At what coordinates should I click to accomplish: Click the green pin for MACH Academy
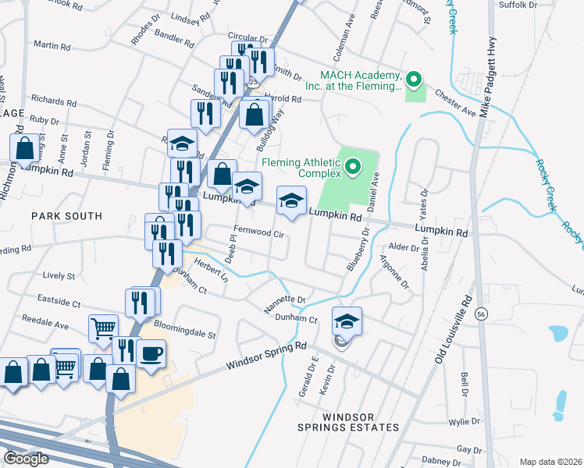(x=415, y=80)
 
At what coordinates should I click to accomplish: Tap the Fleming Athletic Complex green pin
(x=352, y=167)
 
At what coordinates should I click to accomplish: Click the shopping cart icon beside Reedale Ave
(x=103, y=328)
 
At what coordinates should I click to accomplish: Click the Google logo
(x=26, y=458)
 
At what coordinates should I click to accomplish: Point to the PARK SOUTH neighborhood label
(x=66, y=215)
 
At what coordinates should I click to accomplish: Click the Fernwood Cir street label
(x=258, y=233)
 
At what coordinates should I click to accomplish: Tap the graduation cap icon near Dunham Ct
(x=347, y=321)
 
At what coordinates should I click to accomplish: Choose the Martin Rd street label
(x=52, y=47)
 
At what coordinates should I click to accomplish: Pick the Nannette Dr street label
(x=284, y=303)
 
